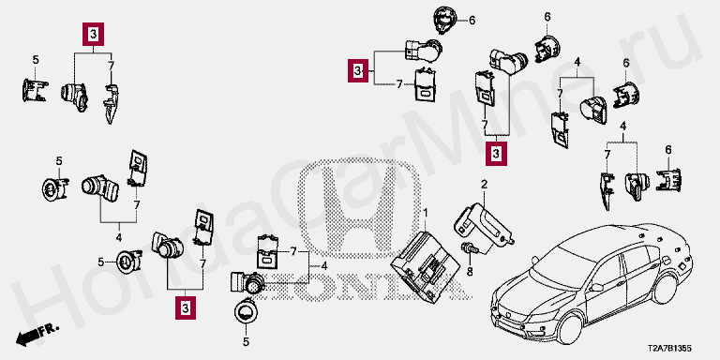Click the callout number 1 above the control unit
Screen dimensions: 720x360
point(426,213)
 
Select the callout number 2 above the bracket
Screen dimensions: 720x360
point(484,185)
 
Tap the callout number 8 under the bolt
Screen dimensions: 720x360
point(470,272)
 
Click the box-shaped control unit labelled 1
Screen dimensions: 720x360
point(425,267)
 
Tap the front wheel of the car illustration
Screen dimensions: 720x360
point(570,328)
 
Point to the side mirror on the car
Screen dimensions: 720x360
point(597,288)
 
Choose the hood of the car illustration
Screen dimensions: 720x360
point(527,292)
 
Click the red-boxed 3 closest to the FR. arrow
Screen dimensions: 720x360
point(185,308)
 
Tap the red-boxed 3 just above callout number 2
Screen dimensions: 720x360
point(496,154)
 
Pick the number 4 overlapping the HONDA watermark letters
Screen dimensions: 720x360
point(324,266)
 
